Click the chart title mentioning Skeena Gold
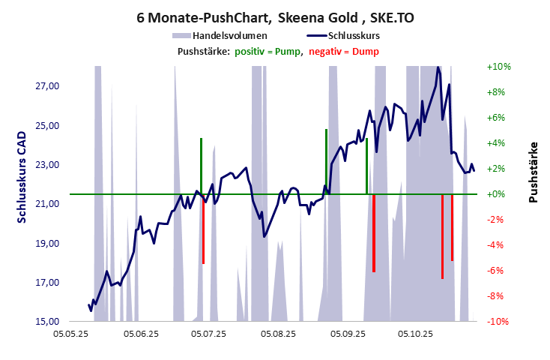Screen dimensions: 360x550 coord(274,16)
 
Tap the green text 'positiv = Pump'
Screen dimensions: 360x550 coord(268,51)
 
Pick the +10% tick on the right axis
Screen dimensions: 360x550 coord(499,67)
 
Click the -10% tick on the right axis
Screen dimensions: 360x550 coord(499,322)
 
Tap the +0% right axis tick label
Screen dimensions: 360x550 coord(499,194)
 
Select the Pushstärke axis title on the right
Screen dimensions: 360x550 coord(533,172)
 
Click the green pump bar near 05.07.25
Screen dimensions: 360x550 coord(201,165)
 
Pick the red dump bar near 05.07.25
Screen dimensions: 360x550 coord(203,229)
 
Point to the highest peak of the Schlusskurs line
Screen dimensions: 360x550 coord(438,67)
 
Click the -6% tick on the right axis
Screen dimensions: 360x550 coord(499,271)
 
